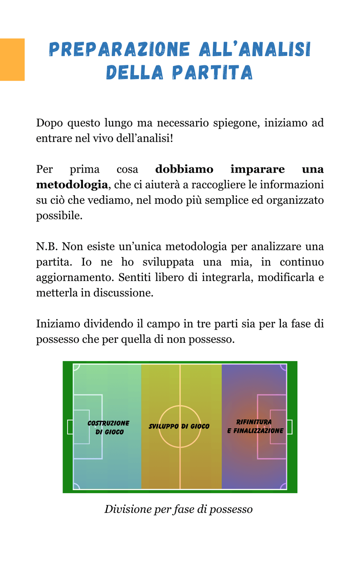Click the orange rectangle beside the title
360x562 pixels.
coord(12,60)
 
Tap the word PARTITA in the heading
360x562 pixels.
coord(212,73)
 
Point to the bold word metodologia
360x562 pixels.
coord(72,185)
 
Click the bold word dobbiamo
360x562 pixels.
coord(184,169)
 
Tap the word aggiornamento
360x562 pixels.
coord(75,278)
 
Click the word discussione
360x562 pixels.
coord(123,293)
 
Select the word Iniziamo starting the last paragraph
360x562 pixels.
coord(58,324)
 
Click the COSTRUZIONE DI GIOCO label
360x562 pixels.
coord(109,427)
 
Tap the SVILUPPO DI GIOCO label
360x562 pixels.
coord(179,426)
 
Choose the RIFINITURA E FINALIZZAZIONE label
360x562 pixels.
coord(255,426)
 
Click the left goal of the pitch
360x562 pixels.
coord(70,427)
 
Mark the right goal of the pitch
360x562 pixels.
coord(289,427)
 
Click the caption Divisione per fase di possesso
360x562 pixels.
coord(178,509)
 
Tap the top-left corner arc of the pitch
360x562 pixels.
coord(76,367)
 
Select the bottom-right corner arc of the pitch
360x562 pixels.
coord(283,486)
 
